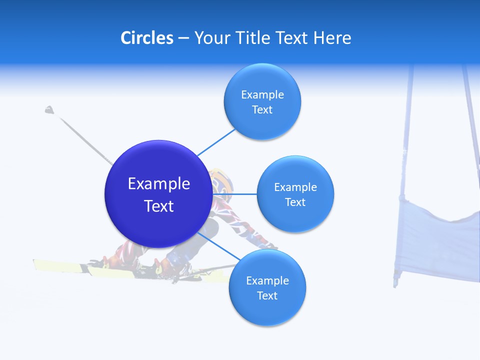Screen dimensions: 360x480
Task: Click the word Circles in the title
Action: click(146, 38)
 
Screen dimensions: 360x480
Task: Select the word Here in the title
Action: click(332, 38)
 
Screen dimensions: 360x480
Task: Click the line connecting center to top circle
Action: click(216, 141)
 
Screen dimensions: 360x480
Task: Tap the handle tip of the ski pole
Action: click(49, 109)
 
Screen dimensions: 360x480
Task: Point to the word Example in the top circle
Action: click(262, 94)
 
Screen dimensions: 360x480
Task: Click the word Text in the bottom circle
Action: click(267, 295)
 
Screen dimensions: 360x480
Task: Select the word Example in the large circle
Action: click(159, 183)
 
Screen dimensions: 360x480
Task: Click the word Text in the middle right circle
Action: click(295, 202)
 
